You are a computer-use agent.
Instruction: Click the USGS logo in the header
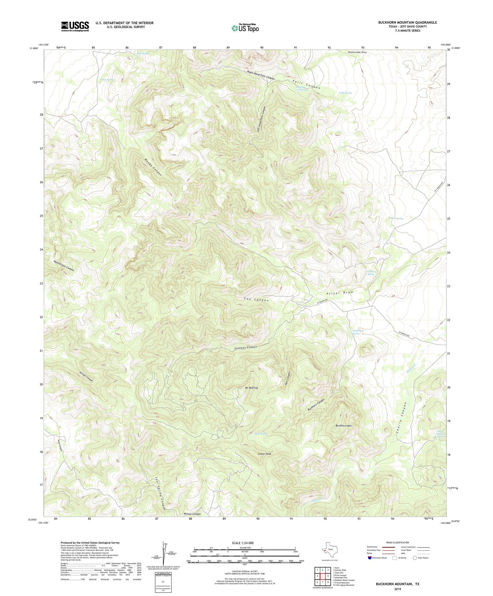click(x=75, y=26)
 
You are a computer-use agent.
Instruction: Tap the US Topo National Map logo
click(x=245, y=28)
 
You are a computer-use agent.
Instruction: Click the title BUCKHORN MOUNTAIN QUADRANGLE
click(x=407, y=23)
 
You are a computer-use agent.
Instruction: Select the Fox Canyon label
click(x=256, y=300)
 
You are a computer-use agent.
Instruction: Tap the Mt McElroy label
click(x=251, y=388)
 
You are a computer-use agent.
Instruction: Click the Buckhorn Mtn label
click(x=343, y=426)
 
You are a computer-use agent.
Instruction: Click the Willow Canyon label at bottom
click(x=192, y=514)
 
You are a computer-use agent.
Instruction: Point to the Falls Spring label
click(x=345, y=93)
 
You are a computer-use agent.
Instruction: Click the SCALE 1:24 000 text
click(x=242, y=543)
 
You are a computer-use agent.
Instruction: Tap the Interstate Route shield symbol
click(x=369, y=558)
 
